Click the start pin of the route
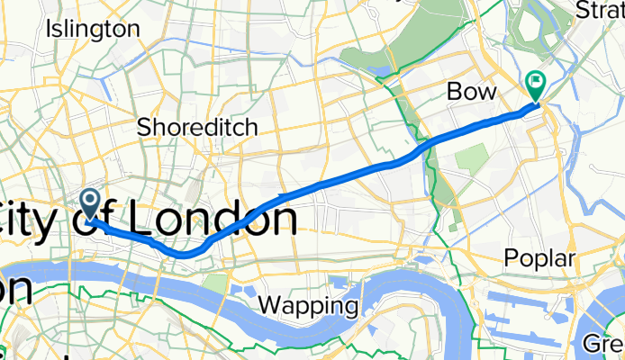[x=91, y=202]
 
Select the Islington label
[x=93, y=29]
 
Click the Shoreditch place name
[x=197, y=127]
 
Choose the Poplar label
[x=538, y=258]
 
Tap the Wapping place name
[x=307, y=306]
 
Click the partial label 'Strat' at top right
[x=600, y=11]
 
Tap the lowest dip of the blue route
[x=182, y=255]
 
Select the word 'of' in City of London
[x=99, y=220]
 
